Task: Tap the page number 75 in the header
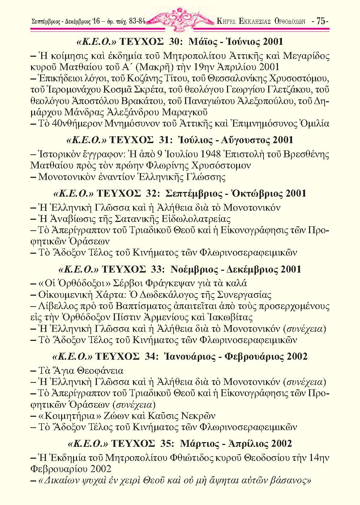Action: pyautogui.click(x=321, y=21)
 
